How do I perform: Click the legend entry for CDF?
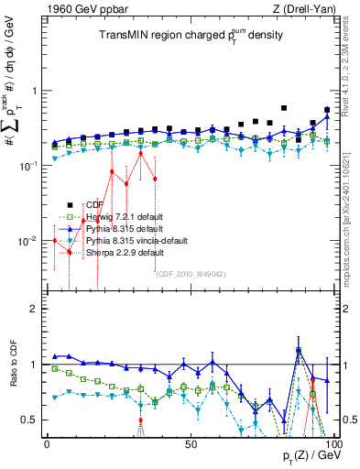point(93,204)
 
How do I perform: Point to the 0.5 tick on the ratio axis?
point(31,420)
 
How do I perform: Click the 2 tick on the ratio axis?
point(35,310)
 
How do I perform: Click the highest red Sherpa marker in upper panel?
point(141,153)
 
